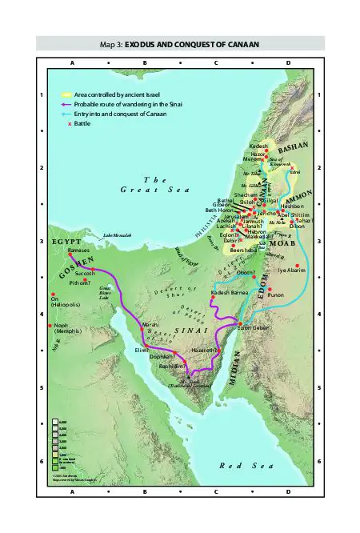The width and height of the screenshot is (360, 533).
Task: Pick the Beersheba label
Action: point(243,250)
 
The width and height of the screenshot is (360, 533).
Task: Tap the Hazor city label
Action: point(258,154)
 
